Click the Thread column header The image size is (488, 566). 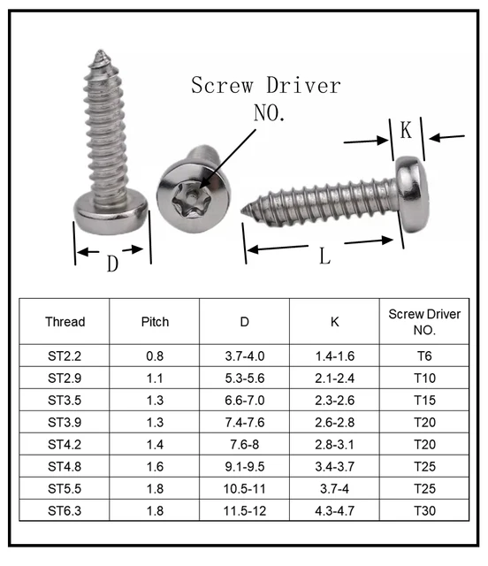pyautogui.click(x=65, y=322)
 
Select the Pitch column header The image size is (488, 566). pyautogui.click(x=155, y=322)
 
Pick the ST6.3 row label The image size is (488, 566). pyautogui.click(x=65, y=510)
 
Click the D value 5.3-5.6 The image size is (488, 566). pyautogui.click(x=245, y=378)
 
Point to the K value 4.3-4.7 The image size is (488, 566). pyautogui.click(x=334, y=510)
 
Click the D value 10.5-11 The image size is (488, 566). pyautogui.click(x=245, y=488)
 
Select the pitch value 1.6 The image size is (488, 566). pyautogui.click(x=155, y=466)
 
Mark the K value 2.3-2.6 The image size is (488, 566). pyautogui.click(x=334, y=400)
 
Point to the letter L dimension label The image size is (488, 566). pyautogui.click(x=324, y=256)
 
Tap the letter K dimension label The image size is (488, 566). pyautogui.click(x=406, y=131)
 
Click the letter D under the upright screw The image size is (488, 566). pyautogui.click(x=112, y=264)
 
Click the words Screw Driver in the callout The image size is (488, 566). pyautogui.click(x=265, y=86)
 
